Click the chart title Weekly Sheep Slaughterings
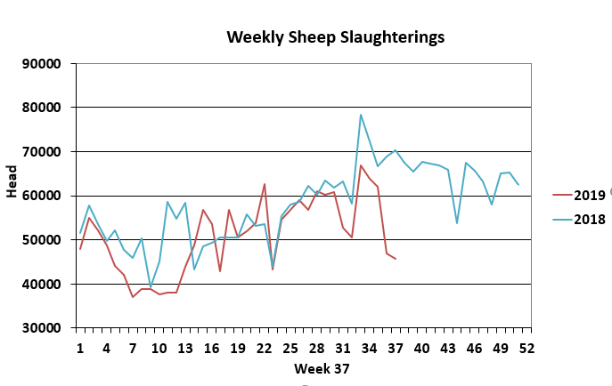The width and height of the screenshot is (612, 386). [335, 37]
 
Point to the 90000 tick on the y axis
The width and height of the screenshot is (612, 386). [42, 64]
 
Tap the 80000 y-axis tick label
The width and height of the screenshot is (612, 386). [42, 108]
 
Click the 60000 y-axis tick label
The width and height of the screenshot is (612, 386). [42, 196]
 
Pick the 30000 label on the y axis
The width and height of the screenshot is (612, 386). [42, 328]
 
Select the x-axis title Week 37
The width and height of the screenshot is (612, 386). [321, 367]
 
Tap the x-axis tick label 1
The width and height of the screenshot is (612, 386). [80, 348]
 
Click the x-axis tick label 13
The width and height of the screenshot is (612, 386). [185, 348]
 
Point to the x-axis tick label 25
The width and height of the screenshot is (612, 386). [290, 348]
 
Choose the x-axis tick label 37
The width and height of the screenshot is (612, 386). [396, 348]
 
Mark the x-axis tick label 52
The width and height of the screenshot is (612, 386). [526, 348]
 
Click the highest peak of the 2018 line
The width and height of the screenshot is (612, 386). [361, 115]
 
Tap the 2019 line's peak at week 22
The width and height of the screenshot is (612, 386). [265, 184]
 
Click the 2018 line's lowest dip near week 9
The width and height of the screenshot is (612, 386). [151, 287]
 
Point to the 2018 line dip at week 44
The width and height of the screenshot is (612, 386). [457, 223]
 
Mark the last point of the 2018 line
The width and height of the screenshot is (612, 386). [518, 185]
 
